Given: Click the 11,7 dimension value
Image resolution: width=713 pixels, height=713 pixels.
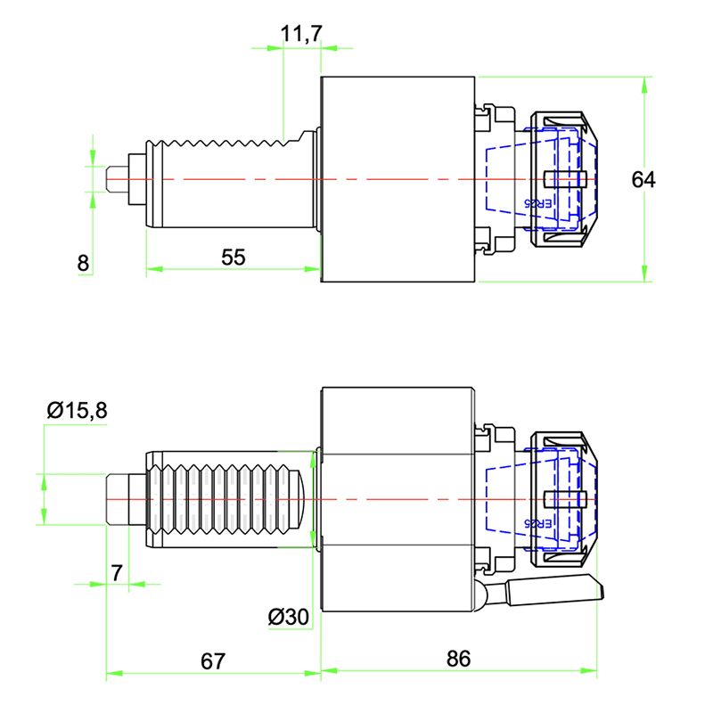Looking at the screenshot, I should point(301,35).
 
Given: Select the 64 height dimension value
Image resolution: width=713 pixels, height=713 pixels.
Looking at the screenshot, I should point(643,179).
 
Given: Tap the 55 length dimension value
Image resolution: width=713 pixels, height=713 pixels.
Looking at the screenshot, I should point(233,257).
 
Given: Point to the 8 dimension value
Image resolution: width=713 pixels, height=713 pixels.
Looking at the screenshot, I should point(83,263).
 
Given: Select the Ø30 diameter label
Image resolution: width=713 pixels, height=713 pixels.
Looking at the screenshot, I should point(287,616).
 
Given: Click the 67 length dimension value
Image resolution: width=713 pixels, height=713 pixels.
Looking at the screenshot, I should point(211,660).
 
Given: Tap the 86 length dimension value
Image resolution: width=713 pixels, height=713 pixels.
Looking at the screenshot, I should point(457,659).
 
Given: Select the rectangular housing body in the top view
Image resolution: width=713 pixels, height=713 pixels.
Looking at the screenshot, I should point(397,179).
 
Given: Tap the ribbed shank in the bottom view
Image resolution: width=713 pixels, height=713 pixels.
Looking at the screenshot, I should point(223,499).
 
